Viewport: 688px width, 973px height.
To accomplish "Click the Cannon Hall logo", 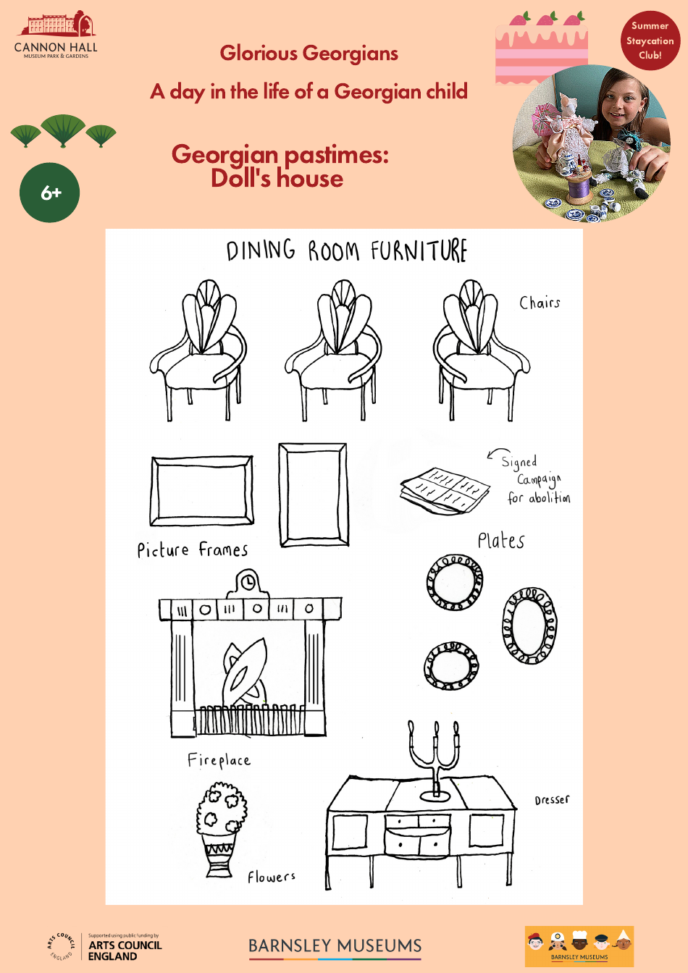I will coord(56,35).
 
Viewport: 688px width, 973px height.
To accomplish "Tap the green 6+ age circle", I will coord(49,193).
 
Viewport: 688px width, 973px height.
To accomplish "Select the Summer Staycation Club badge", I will coord(650,41).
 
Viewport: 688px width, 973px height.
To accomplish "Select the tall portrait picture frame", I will coord(313,495).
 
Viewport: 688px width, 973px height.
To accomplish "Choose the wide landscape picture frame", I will coord(201,491).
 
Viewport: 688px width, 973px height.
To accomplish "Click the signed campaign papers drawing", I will coord(443,491).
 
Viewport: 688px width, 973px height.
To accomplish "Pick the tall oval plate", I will coord(529,625).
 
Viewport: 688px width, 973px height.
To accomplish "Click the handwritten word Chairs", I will coord(540,303).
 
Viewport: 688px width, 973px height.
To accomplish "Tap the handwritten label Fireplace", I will coord(219,760).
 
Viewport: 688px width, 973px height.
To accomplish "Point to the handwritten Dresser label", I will coord(552,800).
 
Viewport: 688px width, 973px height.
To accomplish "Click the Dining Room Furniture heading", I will coord(346,251).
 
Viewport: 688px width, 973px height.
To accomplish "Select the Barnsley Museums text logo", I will coord(335,946).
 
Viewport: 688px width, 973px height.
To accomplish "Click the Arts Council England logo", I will coord(105,946).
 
